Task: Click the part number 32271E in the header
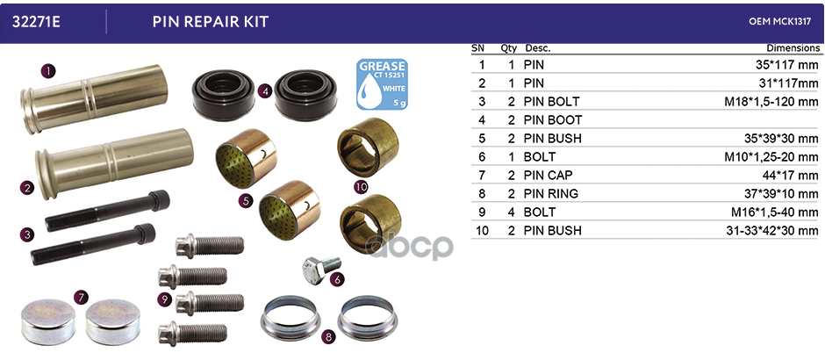coord(36,22)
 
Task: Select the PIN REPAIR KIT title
coord(211,22)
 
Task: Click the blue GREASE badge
coord(382,84)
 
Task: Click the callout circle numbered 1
coord(48,71)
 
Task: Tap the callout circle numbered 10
coord(361,186)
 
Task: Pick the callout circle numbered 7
coord(80,298)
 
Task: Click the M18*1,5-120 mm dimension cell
coord(771,102)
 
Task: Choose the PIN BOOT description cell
coord(553,120)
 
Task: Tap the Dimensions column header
coord(793,48)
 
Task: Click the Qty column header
coord(509,48)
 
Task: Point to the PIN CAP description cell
coord(549,176)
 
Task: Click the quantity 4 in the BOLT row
coord(512,212)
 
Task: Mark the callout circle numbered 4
coord(265,91)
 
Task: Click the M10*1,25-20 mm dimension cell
coord(771,157)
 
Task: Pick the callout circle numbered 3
coord(27,234)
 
